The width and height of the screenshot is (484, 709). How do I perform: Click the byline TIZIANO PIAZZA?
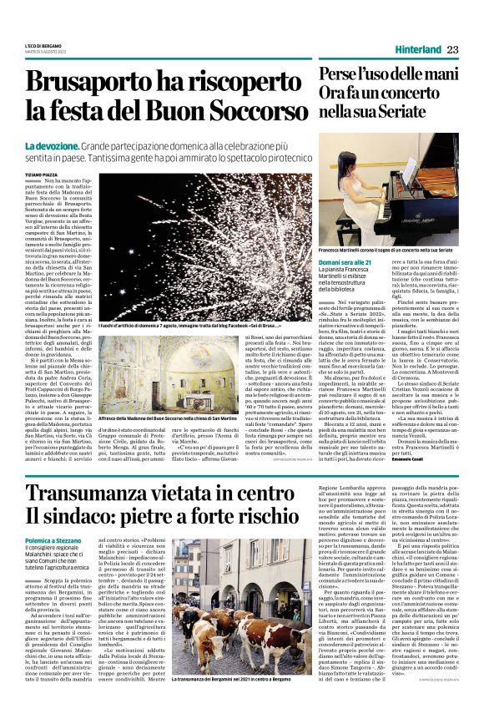[43, 175]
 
